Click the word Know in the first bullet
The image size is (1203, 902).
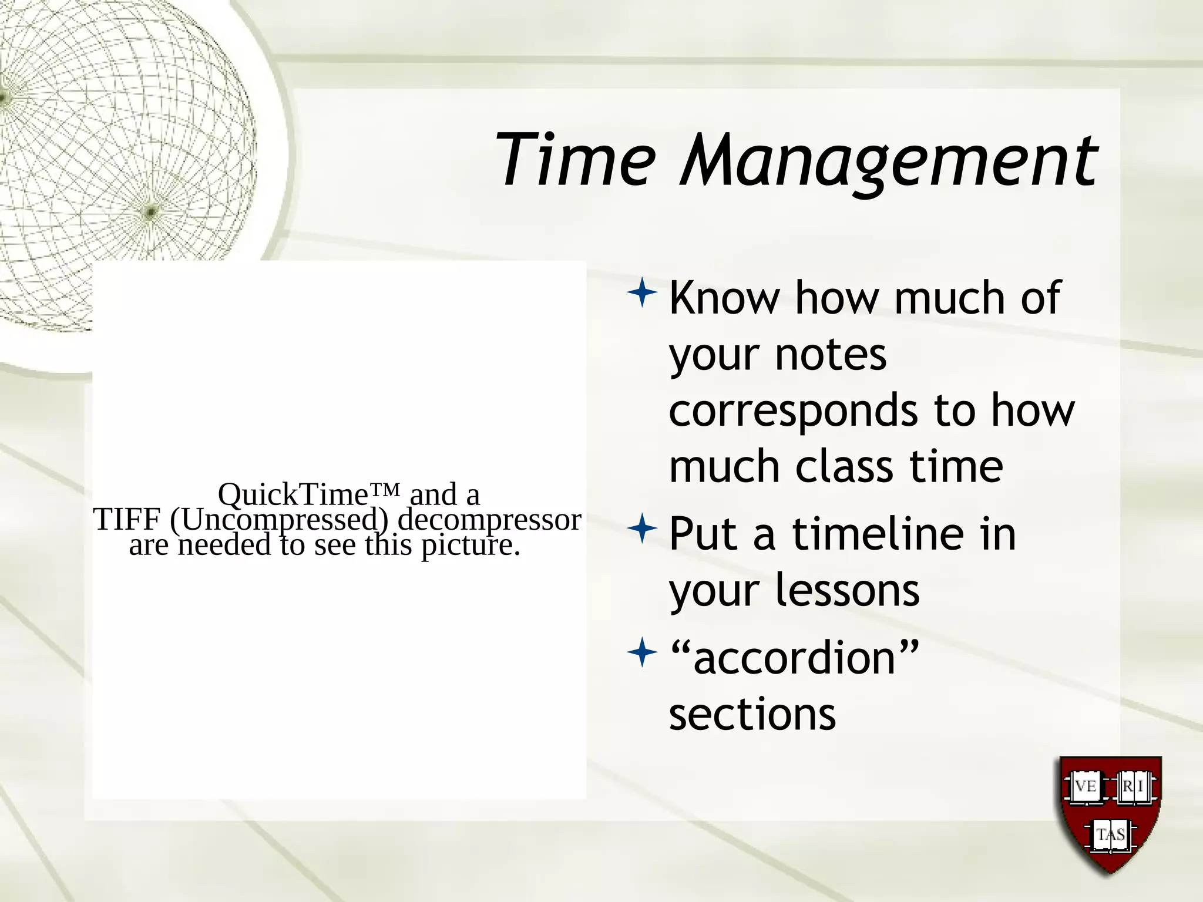724,298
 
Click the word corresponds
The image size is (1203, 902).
793,411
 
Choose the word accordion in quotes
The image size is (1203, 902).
794,658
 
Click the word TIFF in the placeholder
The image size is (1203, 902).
127,519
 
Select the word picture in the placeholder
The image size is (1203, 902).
470,546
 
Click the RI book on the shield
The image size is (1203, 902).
1135,786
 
